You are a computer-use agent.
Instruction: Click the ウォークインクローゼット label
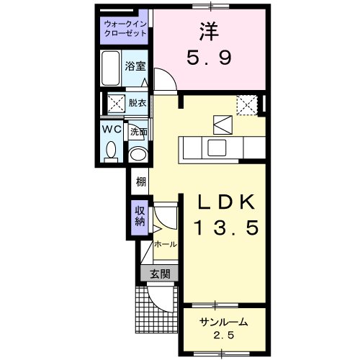click(x=125, y=28)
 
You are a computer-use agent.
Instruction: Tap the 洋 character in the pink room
click(x=210, y=31)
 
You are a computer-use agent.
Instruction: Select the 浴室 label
click(x=135, y=66)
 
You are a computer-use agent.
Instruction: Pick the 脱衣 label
click(x=137, y=103)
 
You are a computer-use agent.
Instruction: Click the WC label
click(x=110, y=130)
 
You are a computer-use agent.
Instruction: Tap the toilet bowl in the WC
click(x=110, y=150)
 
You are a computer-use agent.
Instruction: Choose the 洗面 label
click(x=138, y=132)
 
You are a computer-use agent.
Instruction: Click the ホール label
click(x=165, y=244)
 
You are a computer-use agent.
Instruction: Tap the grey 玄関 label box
click(x=160, y=273)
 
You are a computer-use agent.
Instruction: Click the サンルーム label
click(x=224, y=321)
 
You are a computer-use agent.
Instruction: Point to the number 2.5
click(x=224, y=335)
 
